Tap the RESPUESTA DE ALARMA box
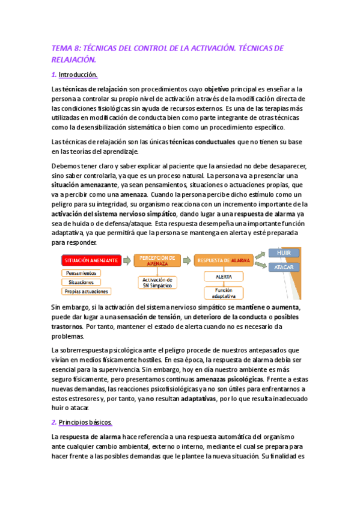pyautogui.click(x=222, y=260)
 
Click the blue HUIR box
pyautogui.click(x=284, y=253)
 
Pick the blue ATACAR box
pyautogui.click(x=284, y=267)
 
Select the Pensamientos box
pyautogui.click(x=81, y=272)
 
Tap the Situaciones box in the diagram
pyautogui.click(x=81, y=281)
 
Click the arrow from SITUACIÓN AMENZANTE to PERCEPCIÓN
pyautogui.click(x=127, y=260)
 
